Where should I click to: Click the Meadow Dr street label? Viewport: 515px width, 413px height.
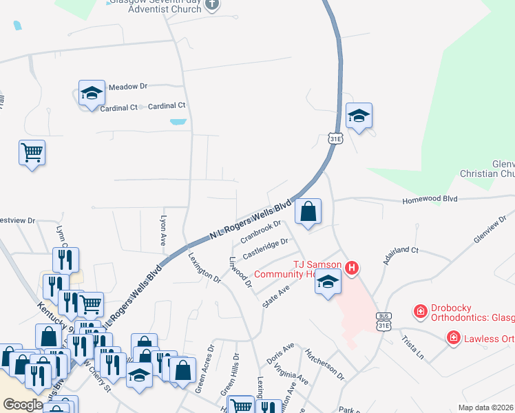pos(128,86)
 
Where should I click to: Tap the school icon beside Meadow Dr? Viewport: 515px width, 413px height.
pos(91,94)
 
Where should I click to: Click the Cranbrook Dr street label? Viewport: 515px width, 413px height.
pos(262,233)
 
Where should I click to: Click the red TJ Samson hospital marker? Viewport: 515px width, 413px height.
pos(352,268)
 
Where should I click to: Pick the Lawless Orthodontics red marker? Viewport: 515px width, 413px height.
pos(453,337)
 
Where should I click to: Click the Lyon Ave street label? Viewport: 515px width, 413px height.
pos(164,228)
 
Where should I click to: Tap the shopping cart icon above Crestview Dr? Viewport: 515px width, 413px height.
pos(32,152)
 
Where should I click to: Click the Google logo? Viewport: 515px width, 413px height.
pos(23,405)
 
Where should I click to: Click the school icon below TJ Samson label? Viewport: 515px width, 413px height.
pos(328,282)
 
